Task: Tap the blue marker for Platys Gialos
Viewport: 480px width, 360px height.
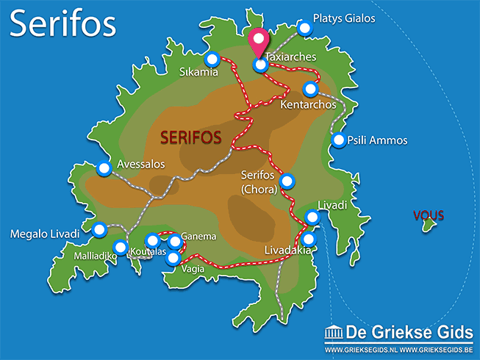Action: pyautogui.click(x=305, y=28)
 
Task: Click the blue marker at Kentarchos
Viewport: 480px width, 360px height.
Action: pyautogui.click(x=310, y=89)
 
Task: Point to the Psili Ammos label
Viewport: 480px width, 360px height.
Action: pyautogui.click(x=376, y=140)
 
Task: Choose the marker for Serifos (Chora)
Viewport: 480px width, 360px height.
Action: pyautogui.click(x=287, y=181)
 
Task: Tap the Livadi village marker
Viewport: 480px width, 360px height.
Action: pyautogui.click(x=312, y=217)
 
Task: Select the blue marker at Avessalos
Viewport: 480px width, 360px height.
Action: pyautogui.click(x=104, y=169)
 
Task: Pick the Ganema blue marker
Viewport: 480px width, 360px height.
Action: pyautogui.click(x=175, y=241)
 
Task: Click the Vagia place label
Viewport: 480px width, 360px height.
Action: pyautogui.click(x=194, y=270)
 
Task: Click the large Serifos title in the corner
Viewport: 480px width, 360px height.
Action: pyautogui.click(x=62, y=24)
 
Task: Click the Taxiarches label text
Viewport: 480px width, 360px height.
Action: pyautogui.click(x=291, y=56)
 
